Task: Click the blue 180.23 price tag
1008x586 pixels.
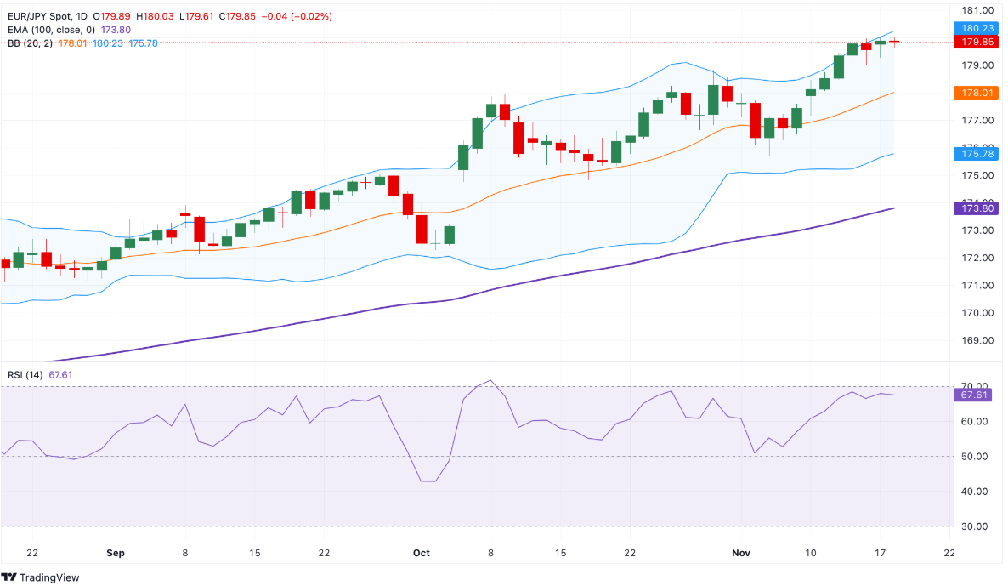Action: [x=977, y=27]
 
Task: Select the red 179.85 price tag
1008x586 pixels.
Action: [x=977, y=42]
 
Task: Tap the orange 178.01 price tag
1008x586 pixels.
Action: [x=977, y=93]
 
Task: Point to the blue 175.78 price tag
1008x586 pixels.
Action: [x=977, y=154]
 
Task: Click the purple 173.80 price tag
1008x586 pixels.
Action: [x=977, y=208]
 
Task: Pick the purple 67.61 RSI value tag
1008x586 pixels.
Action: [x=977, y=395]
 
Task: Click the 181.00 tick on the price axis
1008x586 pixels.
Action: [x=977, y=10]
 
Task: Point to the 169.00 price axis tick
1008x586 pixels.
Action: [x=977, y=340]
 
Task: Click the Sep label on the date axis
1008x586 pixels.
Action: [x=116, y=553]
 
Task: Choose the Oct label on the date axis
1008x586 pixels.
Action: [x=421, y=553]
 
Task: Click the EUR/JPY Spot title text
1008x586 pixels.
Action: [x=35, y=16]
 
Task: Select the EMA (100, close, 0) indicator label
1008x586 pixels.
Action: [x=51, y=30]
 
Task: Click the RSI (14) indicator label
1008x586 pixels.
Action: [x=24, y=375]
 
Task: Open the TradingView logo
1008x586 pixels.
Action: [x=42, y=577]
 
